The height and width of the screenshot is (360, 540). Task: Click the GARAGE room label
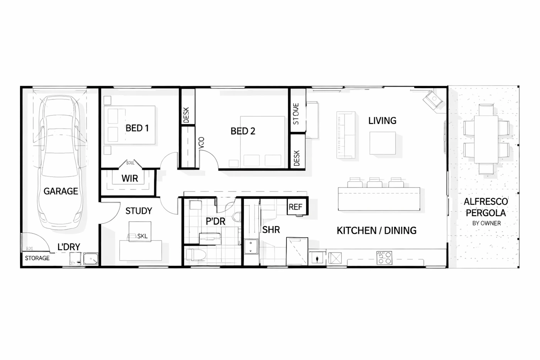pos(61,191)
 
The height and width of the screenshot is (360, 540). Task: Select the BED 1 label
pos(137,128)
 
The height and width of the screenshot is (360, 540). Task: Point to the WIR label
pos(130,179)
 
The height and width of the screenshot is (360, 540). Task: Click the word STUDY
pos(138,211)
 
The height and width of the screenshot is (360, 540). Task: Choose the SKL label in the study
pos(142,236)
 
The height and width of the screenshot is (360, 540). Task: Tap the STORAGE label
pos(37,258)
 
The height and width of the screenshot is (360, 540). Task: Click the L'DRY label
pos(69,247)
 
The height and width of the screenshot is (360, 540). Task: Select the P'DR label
pos(215,221)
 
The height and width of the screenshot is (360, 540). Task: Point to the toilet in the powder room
pos(195,255)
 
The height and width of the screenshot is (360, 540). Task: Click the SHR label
pos(271,230)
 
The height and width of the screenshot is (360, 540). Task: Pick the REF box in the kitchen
pos(296,207)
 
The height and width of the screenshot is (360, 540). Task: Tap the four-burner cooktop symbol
pos(384,258)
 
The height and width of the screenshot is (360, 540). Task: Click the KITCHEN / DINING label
pos(376,231)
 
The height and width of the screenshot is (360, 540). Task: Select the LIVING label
pos(382,121)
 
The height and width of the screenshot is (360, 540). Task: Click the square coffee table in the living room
pos(382,143)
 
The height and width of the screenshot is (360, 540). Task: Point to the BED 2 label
pos(243,131)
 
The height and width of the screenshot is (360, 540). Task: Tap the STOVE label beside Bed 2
pos(296,114)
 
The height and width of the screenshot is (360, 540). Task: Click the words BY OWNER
pos(486,223)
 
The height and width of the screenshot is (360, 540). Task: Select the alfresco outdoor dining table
pos(486,139)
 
